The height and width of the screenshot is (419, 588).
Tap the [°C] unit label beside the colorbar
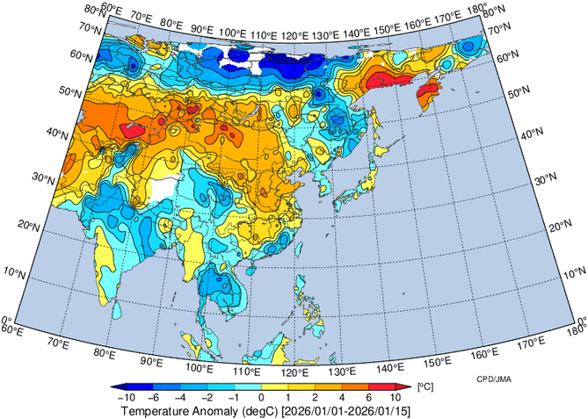tap(424, 386)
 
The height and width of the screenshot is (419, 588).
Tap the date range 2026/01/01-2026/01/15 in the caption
tap(346, 411)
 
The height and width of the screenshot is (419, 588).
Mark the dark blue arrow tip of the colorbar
tap(117, 386)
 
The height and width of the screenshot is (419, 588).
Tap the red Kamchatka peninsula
tap(430, 91)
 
